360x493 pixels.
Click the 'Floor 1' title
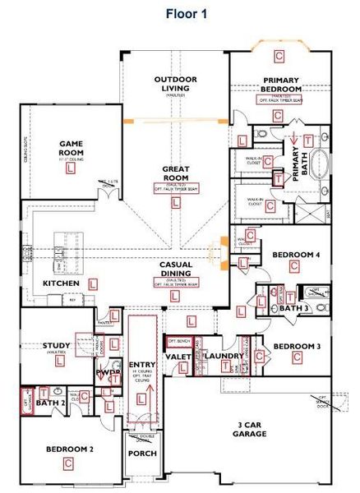pos(187,12)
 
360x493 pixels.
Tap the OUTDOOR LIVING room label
pos(174,84)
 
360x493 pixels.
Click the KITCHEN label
pos(62,283)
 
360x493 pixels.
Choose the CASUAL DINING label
pos(176,270)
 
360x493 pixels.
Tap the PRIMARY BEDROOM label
pos(279,85)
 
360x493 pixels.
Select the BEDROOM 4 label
pos(296,255)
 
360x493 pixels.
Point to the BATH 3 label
pos(293,308)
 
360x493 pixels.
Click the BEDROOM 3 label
pos(296,346)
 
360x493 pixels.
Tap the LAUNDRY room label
pos(222,356)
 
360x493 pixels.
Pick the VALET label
pos(179,357)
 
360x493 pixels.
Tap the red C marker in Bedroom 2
pos(67,464)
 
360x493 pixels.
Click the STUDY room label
pos(56,346)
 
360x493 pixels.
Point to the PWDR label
pos(108,372)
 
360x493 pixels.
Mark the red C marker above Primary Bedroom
pos(279,56)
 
